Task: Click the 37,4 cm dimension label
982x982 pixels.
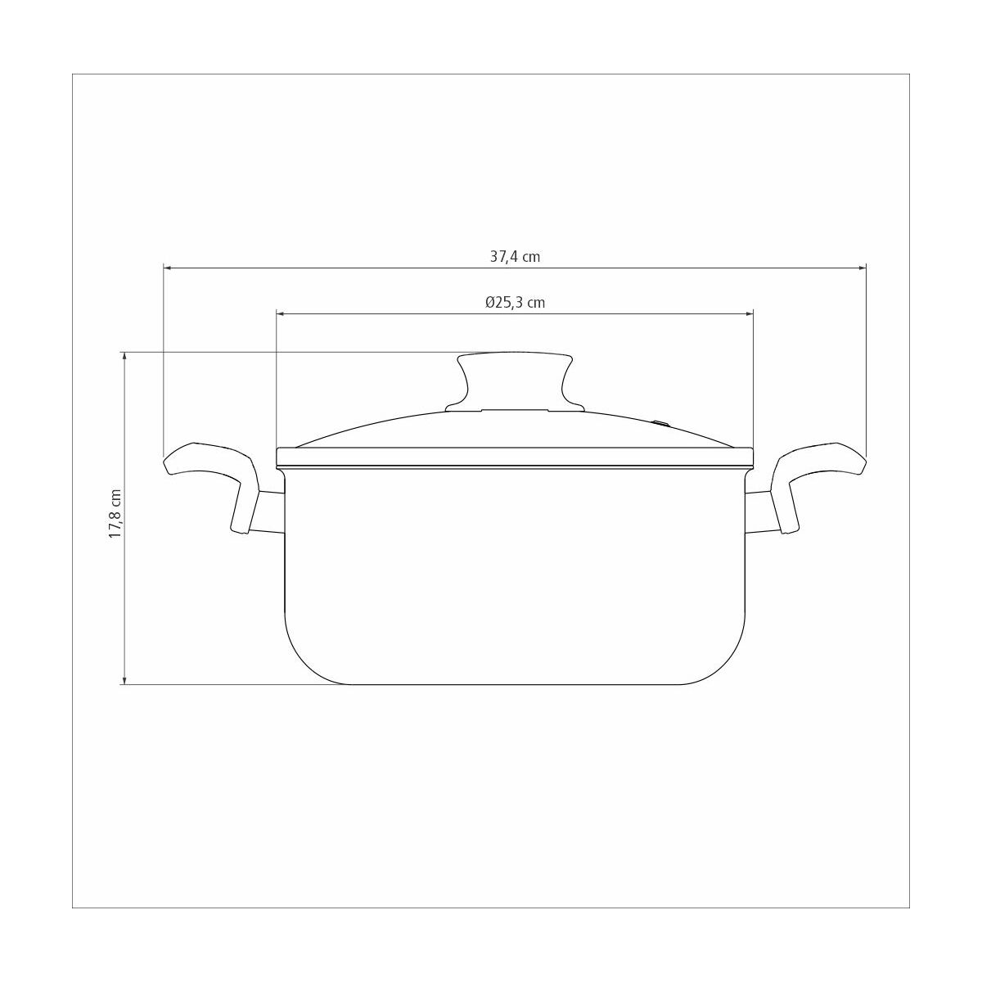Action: (515, 256)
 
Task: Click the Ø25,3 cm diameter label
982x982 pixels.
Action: (515, 302)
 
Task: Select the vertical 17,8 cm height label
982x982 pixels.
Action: (115, 514)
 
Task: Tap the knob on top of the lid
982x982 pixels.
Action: (514, 376)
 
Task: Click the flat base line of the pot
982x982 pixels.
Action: (516, 684)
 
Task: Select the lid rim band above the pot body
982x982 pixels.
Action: (516, 457)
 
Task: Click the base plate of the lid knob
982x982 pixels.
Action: (514, 409)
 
